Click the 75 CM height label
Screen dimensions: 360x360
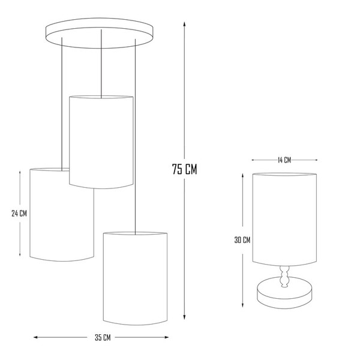[185, 169]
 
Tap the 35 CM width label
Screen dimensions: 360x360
[103, 337]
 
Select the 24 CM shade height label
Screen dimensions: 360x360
[19, 214]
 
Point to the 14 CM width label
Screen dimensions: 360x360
[284, 160]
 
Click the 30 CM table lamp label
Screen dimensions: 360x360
[242, 240]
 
